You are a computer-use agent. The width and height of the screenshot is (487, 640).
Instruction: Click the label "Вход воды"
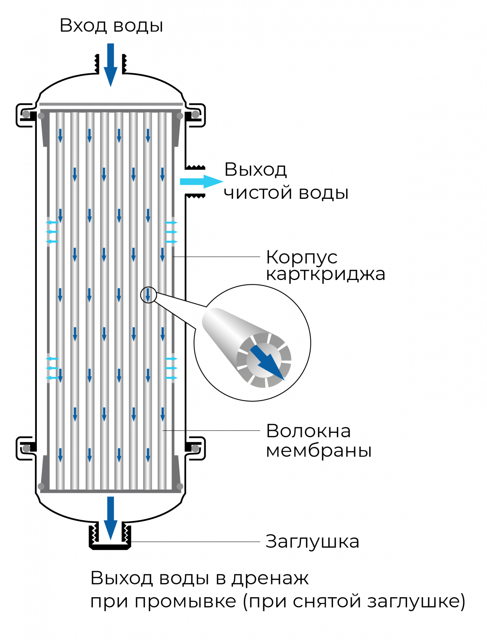click(111, 26)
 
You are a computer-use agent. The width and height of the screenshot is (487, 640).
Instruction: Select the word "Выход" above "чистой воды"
click(255, 170)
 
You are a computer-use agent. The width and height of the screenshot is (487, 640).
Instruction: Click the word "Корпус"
click(302, 257)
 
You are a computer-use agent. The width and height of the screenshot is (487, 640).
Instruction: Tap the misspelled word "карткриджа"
click(325, 274)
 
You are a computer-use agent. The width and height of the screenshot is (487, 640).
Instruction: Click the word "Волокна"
click(308, 431)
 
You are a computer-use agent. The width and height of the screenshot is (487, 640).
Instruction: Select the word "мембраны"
click(319, 450)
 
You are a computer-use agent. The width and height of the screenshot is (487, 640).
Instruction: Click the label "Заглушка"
click(312, 542)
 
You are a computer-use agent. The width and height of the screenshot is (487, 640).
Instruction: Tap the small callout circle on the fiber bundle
click(148, 295)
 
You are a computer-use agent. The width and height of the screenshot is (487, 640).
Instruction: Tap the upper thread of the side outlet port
click(196, 167)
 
